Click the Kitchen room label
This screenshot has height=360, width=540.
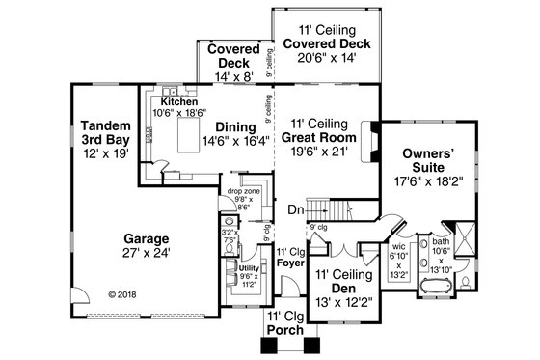tap(178, 100)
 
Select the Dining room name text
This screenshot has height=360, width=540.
tap(235, 126)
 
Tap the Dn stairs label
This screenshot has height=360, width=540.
tap(295, 209)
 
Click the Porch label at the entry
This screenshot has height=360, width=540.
tap(285, 330)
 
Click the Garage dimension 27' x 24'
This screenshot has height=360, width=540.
tap(146, 252)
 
